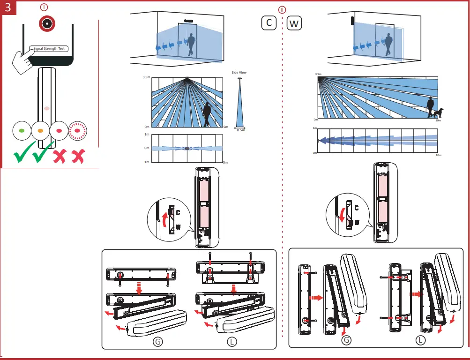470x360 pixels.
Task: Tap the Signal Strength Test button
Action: [49, 48]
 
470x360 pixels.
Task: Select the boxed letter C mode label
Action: [269, 22]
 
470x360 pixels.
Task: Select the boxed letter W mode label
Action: [294, 23]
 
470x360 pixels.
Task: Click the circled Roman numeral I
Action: [44, 8]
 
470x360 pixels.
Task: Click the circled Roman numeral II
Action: [282, 10]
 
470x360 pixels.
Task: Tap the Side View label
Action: [239, 73]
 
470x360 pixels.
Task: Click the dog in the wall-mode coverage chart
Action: [438, 113]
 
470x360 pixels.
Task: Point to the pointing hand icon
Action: [22, 60]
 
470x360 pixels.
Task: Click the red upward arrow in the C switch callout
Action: [164, 218]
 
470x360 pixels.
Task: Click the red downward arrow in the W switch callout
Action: [342, 215]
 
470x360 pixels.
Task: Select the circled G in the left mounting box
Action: [158, 341]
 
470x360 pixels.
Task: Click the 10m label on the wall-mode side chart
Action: [438, 120]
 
